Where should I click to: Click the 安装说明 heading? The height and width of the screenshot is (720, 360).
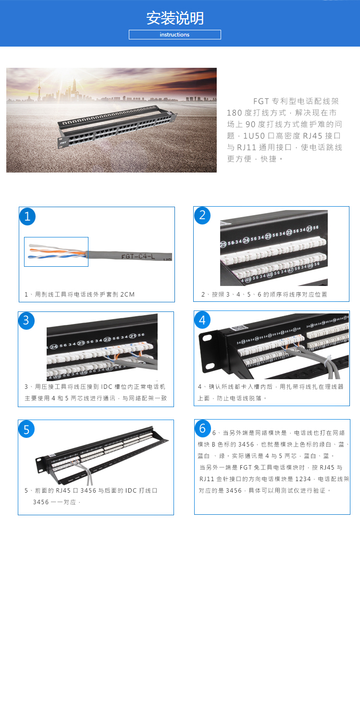[x=175, y=18]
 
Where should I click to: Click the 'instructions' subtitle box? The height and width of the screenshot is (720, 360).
[x=175, y=35]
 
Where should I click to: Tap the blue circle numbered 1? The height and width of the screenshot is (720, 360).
[x=27, y=216]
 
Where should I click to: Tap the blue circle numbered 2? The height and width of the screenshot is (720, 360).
[x=202, y=215]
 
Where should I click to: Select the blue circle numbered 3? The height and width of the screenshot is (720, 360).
[x=26, y=321]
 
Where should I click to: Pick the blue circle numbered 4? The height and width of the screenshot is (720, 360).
[x=202, y=320]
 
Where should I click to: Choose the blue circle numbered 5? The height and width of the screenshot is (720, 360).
[x=26, y=429]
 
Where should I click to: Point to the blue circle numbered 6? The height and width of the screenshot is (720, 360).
[x=202, y=428]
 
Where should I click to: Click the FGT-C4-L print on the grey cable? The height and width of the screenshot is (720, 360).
[x=138, y=256]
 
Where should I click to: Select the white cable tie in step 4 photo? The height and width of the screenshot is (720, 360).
[x=328, y=362]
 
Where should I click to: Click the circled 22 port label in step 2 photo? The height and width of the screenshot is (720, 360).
[x=289, y=233]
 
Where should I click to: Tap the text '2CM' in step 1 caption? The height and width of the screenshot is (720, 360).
[x=127, y=295]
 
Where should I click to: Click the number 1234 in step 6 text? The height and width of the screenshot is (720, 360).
[x=303, y=479]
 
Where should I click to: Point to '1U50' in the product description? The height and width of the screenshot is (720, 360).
[x=254, y=136]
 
